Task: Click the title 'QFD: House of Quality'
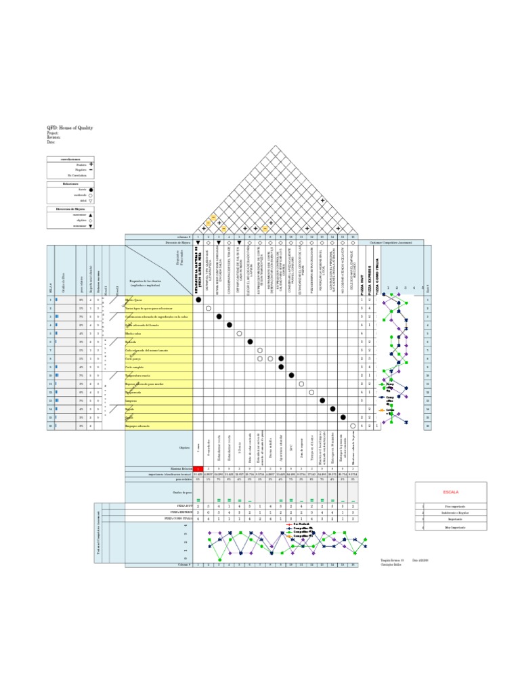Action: [x=70, y=127]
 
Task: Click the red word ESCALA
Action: [x=451, y=492]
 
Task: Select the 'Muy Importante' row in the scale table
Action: [x=455, y=527]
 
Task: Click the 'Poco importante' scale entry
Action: [x=455, y=506]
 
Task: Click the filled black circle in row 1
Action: [x=198, y=300]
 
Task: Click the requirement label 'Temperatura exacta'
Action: [x=138, y=375]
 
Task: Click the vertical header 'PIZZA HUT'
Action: [x=362, y=277]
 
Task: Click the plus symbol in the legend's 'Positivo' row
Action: [x=91, y=164]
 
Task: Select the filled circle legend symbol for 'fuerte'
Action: [x=91, y=189]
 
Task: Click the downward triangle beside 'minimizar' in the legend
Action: [x=91, y=226]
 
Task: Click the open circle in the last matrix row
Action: [x=353, y=426]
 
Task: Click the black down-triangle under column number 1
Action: [x=198, y=242]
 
